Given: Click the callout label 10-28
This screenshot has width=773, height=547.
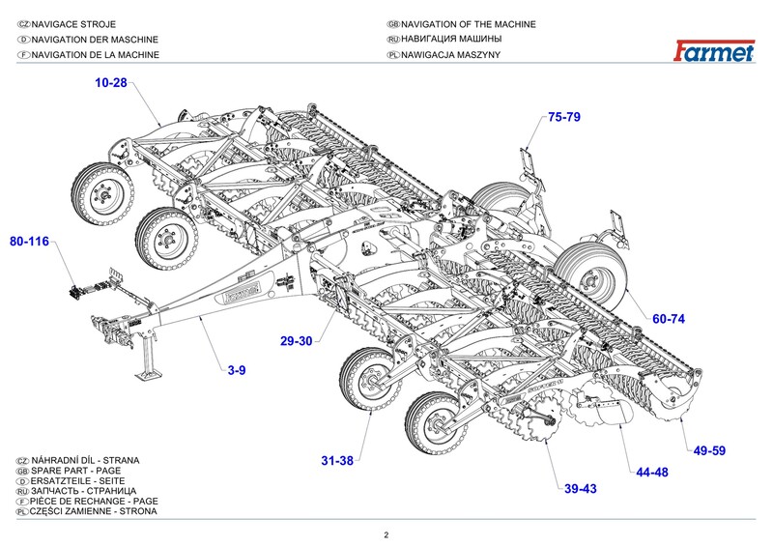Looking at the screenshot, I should (x=111, y=83).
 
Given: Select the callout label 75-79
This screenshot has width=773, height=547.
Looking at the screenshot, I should (x=563, y=117).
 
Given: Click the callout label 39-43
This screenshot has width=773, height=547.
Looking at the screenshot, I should (x=581, y=489).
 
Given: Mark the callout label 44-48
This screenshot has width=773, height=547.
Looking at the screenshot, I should (x=653, y=474).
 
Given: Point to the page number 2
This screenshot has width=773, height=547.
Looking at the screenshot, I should (x=386, y=534).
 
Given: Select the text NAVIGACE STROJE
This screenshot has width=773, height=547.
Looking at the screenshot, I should (x=77, y=24).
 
